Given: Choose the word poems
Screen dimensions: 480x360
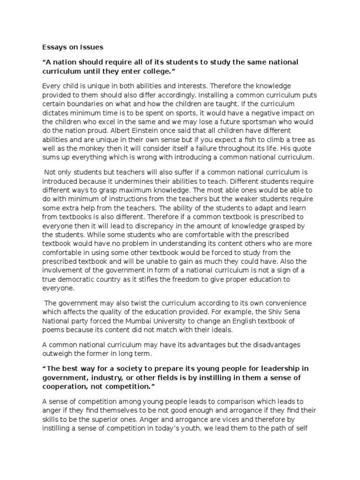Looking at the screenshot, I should pos(54,330).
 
